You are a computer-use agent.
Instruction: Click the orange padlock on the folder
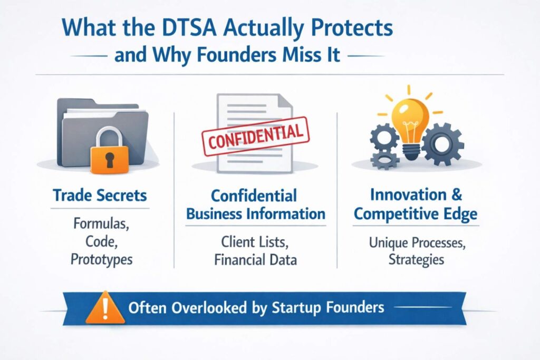(x=109, y=150)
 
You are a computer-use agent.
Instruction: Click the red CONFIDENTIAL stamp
(x=256, y=137)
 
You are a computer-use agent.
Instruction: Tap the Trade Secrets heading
(x=100, y=196)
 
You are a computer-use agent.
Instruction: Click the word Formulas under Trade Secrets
(x=101, y=225)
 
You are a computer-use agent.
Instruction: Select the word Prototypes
(x=102, y=259)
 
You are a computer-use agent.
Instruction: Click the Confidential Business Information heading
(x=256, y=205)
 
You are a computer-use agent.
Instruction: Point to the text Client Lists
(x=255, y=242)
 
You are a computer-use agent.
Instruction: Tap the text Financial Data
(x=256, y=259)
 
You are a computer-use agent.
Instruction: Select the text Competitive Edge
(x=416, y=214)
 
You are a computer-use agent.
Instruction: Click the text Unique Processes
(x=417, y=243)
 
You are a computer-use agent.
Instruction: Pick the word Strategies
(x=417, y=259)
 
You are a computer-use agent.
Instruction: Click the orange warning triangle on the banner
(x=105, y=308)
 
